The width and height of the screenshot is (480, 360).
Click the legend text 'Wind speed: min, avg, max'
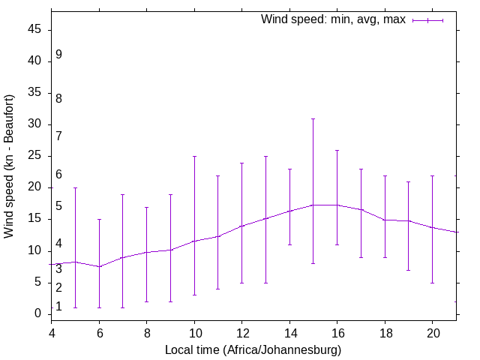coord(333,19)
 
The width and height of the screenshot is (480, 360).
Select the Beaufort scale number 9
coord(58,55)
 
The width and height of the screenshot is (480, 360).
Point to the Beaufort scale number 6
coord(58,175)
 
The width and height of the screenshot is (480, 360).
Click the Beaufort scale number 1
coord(58,307)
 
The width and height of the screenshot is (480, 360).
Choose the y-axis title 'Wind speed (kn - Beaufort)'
coord(10,166)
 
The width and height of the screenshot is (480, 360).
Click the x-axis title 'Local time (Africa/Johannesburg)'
coord(253,350)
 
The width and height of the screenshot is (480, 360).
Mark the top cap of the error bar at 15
coord(313,118)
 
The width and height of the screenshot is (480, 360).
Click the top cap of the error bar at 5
coord(76,187)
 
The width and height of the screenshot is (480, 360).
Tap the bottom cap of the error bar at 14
coord(289,244)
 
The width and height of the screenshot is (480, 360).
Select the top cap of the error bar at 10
coord(194,156)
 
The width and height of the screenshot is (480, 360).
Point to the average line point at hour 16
coord(337,205)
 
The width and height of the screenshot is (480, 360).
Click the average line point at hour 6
coord(99,266)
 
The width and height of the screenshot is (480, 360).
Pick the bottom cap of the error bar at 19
coord(408,270)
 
